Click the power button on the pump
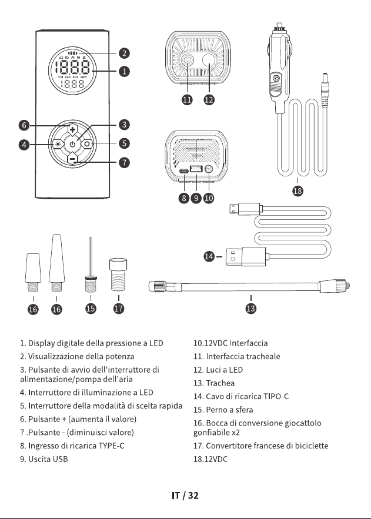(72, 144)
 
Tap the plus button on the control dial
(72, 129)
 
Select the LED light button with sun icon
(58, 144)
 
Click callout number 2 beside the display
(124, 53)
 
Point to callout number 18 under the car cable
(298, 190)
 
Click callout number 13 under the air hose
(251, 309)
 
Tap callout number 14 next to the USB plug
(209, 256)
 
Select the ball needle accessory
(91, 266)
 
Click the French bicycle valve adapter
(118, 274)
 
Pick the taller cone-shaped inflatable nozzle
(56, 263)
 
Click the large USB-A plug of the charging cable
(246, 256)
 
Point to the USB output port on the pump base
(196, 169)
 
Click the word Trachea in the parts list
(220, 383)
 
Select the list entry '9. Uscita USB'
(44, 459)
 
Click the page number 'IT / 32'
(185, 495)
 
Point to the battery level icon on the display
(72, 53)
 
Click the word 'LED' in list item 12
(236, 370)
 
